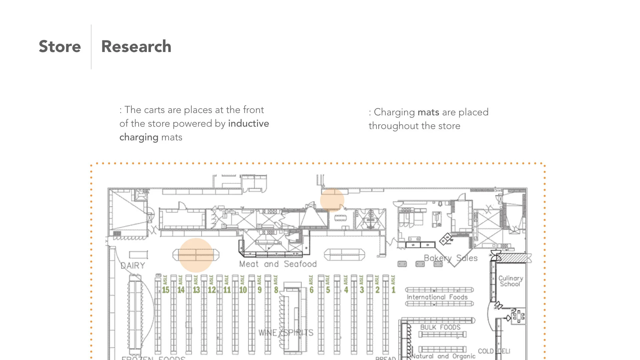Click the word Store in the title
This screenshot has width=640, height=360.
[60, 46]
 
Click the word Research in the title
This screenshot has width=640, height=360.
[136, 46]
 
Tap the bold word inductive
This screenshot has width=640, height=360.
[248, 123]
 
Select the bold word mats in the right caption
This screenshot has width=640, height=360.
[428, 112]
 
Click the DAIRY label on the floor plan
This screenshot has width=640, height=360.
[133, 266]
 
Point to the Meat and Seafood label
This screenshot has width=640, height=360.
[278, 264]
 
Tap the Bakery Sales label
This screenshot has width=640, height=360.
[451, 258]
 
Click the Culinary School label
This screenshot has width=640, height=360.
[510, 281]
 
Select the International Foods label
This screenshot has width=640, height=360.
[437, 297]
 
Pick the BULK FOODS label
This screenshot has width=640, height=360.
[440, 327]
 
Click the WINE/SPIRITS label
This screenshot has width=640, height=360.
[286, 332]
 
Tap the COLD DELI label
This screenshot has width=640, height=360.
[494, 351]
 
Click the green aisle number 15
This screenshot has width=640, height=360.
[166, 290]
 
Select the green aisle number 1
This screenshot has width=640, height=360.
[393, 290]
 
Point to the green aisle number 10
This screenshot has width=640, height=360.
[243, 290]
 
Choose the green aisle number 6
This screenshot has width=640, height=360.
[311, 290]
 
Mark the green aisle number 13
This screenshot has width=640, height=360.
[196, 290]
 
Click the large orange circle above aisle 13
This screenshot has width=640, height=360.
[196, 255]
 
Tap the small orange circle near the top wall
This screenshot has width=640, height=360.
[332, 200]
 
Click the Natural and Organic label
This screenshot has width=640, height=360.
[443, 356]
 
